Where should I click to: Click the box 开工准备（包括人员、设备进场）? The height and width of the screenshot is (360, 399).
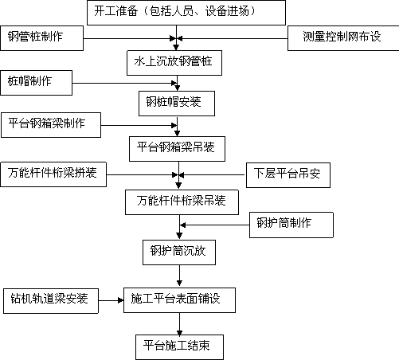(x=186, y=13)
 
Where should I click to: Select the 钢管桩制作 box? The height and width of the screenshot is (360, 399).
(x=42, y=38)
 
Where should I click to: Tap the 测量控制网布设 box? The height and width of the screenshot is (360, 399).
(x=343, y=38)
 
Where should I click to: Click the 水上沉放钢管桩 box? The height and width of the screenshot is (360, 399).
(x=174, y=63)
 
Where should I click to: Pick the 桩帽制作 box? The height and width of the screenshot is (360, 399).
(x=37, y=83)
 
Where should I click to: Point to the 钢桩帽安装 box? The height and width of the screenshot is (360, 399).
(x=177, y=104)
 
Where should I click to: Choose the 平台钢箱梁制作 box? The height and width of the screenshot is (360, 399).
(x=51, y=125)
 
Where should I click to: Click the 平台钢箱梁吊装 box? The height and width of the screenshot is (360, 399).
(x=177, y=149)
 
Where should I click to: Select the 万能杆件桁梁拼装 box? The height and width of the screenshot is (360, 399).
(x=53, y=174)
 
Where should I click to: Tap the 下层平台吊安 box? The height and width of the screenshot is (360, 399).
(x=288, y=175)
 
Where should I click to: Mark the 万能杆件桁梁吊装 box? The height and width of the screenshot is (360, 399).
(x=182, y=202)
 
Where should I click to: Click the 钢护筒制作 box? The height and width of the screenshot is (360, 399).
(x=291, y=225)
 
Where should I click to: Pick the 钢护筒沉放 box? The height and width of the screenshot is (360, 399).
(x=179, y=252)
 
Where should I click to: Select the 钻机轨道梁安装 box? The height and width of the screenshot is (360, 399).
(x=51, y=301)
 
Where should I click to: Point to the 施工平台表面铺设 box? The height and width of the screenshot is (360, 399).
(x=179, y=300)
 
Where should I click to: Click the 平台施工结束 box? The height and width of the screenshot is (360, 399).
(x=179, y=347)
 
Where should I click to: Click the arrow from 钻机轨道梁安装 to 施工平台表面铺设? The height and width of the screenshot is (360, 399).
(x=111, y=300)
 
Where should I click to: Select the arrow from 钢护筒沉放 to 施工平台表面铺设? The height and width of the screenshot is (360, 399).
(x=179, y=276)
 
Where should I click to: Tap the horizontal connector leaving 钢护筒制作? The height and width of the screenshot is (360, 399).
(x=214, y=225)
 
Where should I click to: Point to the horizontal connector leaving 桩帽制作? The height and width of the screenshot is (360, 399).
(x=125, y=83)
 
